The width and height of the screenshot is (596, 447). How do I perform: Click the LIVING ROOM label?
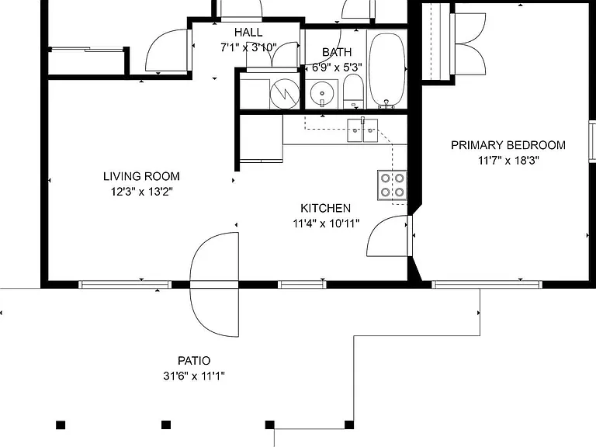pos(141,176)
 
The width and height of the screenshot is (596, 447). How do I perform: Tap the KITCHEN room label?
pos(326,208)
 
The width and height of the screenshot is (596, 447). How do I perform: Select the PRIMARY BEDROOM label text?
pos(508,145)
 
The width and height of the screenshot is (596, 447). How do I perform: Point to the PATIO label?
pos(194,360)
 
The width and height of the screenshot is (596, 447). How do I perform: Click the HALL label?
pos(248,33)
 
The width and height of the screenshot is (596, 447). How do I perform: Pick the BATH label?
pos(337,52)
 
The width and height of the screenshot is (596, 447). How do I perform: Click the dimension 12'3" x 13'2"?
pos(141,192)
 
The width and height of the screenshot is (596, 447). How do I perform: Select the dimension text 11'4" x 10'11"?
pos(326,223)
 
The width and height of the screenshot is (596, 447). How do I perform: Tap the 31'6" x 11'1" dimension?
pos(194,376)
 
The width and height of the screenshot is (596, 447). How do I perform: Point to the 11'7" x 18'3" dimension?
pos(508,161)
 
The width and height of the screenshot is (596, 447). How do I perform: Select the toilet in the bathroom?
pos(354,92)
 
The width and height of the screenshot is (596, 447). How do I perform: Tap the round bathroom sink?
pos(321,93)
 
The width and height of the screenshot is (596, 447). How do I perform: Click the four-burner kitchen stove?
pos(392,185)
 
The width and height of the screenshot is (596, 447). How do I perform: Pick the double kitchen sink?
pos(362,130)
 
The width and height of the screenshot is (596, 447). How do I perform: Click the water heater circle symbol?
pos(284,93)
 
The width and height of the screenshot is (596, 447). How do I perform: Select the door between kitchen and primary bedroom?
pos(388,236)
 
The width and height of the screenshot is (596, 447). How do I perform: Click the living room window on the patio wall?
pos(125,284)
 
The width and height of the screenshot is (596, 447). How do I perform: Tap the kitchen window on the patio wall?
pos(302,284)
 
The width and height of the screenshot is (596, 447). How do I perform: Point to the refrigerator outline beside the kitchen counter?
pos(262,138)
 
